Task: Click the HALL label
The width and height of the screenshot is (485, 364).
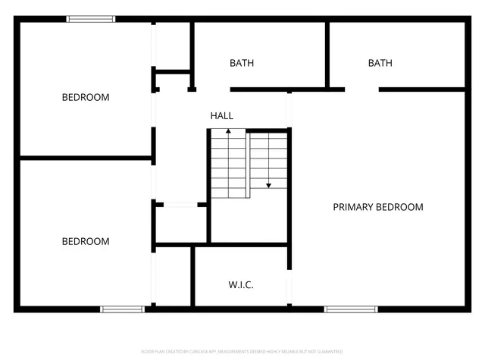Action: coord(222,116)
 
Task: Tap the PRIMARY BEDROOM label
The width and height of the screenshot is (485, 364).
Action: coord(378,207)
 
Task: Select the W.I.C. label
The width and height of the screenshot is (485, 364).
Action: coord(241,285)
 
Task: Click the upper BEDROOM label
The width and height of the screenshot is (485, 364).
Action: coord(85,97)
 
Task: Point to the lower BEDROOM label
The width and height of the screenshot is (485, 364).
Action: coord(85,242)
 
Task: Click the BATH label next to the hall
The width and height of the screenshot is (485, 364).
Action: coord(242,63)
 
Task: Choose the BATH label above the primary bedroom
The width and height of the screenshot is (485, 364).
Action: coord(380,63)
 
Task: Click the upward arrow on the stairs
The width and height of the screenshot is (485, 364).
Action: coord(228,133)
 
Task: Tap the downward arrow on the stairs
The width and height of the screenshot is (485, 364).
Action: coord(268,184)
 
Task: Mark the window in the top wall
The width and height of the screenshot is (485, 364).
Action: coord(91,19)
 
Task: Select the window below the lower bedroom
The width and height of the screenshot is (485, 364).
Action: coord(123,309)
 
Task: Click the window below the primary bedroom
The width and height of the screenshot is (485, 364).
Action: coord(351,309)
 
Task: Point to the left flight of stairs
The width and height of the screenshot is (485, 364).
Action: coord(229,164)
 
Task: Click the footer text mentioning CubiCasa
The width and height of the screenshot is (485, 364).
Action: coord(242,352)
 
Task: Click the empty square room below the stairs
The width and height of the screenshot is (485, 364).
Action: coord(248,221)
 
